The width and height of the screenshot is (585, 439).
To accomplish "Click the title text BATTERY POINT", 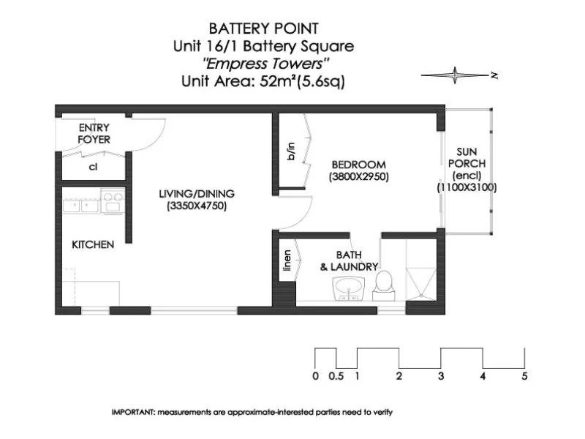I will tap(263, 29).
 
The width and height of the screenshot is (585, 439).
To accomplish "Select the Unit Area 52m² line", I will tap(263, 82).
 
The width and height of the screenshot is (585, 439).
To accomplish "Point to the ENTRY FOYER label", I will tap(94, 133).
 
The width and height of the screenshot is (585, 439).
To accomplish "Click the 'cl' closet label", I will tap(93, 167).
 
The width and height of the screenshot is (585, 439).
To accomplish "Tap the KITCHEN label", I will tap(92, 244).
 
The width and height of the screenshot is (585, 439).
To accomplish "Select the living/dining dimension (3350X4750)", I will tap(197, 206).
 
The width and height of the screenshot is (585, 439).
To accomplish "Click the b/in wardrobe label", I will tap(291, 151).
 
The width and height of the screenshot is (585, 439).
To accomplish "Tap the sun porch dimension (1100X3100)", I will tap(467, 187).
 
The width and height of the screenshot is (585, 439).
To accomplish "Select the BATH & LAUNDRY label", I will tap(349, 261).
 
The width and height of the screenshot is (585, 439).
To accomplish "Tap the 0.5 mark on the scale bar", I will tap(336, 377).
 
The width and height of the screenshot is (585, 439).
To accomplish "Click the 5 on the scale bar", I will tap(524, 377).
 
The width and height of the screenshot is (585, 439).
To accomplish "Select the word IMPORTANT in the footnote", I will tap(132, 412).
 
